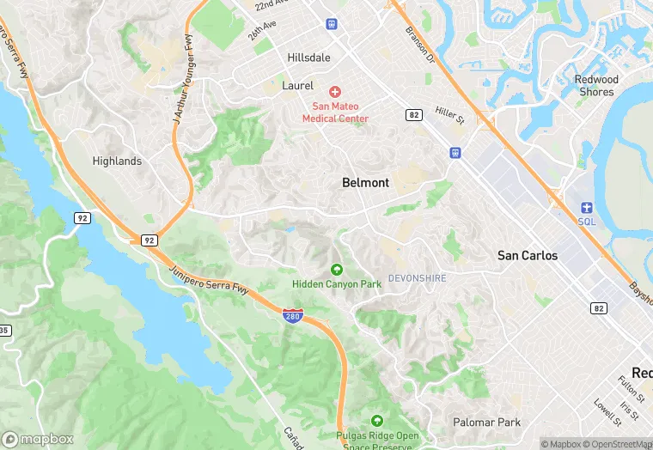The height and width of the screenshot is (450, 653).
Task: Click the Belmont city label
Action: pos(365,183)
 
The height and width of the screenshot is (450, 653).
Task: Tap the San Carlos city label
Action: pos(528,256)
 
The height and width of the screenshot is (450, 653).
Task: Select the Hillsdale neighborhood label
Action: pos(308,58)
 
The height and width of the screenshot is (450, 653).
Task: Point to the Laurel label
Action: pos(299,86)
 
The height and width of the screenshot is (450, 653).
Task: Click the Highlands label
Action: pos(117,161)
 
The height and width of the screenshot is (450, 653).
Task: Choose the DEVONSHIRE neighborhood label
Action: pos(417,278)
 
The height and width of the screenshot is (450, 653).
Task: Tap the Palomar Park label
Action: pos(487,422)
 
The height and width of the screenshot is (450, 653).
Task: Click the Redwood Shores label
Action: pos(596,86)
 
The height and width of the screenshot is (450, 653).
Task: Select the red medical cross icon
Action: pos(335,91)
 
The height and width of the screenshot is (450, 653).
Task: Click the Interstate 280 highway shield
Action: pos(293,316)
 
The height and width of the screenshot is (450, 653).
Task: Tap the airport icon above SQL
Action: pos(587,207)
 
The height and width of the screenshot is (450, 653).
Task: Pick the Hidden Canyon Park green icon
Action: pos(336,270)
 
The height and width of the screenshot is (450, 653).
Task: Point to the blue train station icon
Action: pos(455,153)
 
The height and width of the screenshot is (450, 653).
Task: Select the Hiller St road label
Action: pos(449,116)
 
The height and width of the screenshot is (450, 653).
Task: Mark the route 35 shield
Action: pos(4,331)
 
